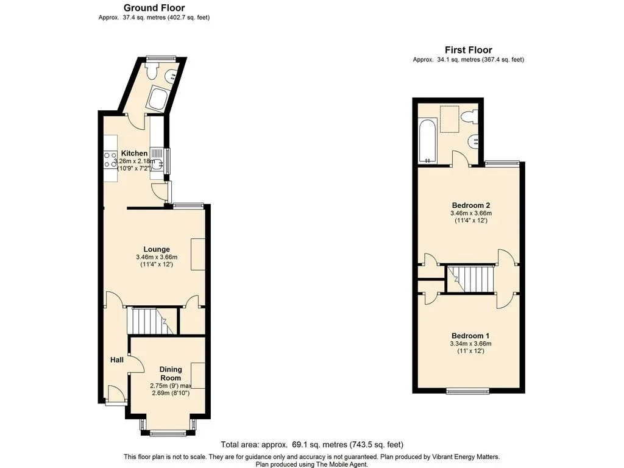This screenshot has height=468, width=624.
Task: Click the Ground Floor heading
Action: pyautogui.click(x=154, y=7)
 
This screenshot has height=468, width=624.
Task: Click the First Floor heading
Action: pyautogui.click(x=469, y=50)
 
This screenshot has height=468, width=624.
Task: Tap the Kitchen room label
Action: pyautogui.click(x=134, y=153)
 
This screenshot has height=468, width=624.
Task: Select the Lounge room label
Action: pyautogui.click(x=157, y=249)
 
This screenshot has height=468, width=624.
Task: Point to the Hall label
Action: pyautogui.click(x=117, y=360)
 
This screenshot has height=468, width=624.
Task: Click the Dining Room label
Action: pyautogui.click(x=171, y=374)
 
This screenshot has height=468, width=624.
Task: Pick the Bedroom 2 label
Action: pyautogui.click(x=471, y=205)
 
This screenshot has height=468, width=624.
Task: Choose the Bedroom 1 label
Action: pyautogui.click(x=470, y=336)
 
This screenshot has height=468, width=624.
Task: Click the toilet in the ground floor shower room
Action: pyautogui.click(x=152, y=71)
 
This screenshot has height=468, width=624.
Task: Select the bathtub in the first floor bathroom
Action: pyautogui.click(x=428, y=141)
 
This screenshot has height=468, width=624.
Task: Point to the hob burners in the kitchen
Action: pyautogui.click(x=110, y=159)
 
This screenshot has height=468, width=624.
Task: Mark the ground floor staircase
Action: pyautogui.click(x=151, y=321)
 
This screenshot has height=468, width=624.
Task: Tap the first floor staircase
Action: pyautogui.click(x=471, y=279)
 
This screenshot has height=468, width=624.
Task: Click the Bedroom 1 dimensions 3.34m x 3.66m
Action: pyautogui.click(x=470, y=344)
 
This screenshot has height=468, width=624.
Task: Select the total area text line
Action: pyautogui.click(x=312, y=444)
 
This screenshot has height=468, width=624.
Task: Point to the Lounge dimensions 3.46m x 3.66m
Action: pyautogui.click(x=157, y=257)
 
